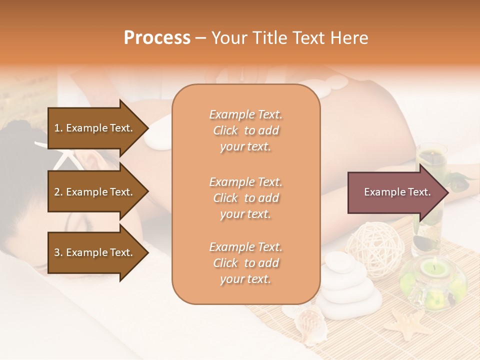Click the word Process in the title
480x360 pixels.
click(x=157, y=38)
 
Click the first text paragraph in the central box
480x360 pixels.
click(x=245, y=130)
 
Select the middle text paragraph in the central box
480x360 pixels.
click(x=245, y=197)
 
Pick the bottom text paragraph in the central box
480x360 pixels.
click(x=245, y=262)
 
